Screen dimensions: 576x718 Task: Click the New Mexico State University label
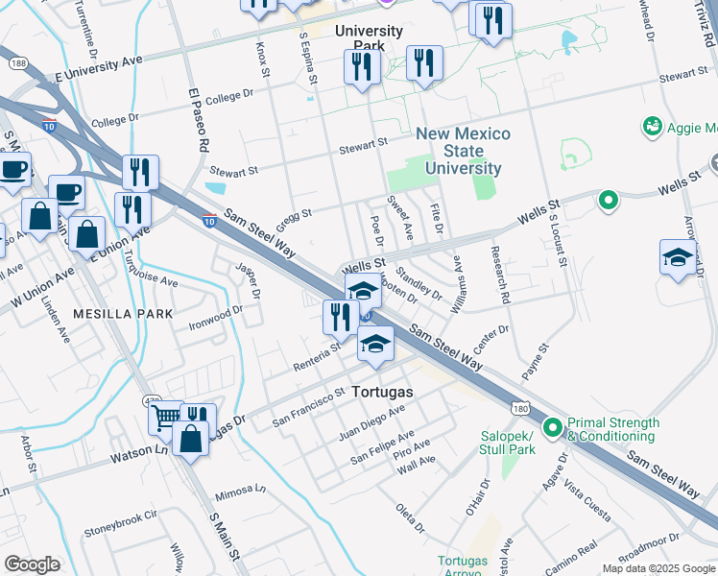tap(464, 152)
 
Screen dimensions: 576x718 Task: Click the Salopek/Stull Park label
tap(508, 443)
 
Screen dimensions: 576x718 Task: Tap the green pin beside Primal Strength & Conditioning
tap(552, 427)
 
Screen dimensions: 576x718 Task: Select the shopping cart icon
tap(165, 418)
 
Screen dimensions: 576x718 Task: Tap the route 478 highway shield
tap(151, 401)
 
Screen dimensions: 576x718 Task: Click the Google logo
tap(33, 564)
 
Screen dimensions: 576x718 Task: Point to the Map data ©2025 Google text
tap(658, 568)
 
